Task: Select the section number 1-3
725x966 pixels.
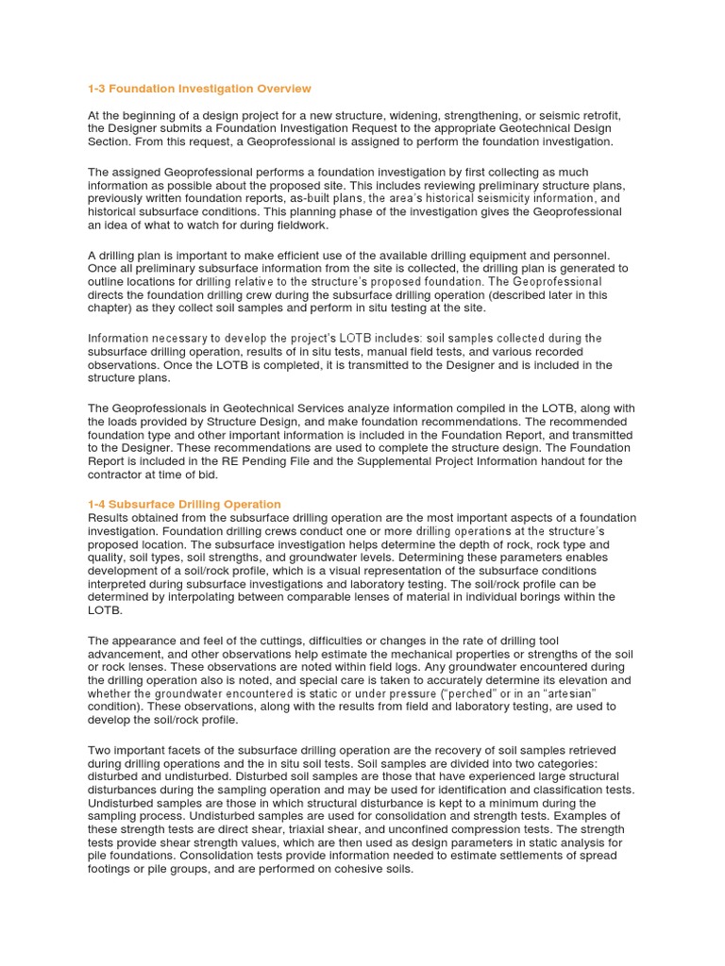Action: coord(97,89)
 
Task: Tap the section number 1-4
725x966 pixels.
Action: coord(97,505)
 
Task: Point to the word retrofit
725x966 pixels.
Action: coord(594,115)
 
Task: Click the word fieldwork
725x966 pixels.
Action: coord(299,225)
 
